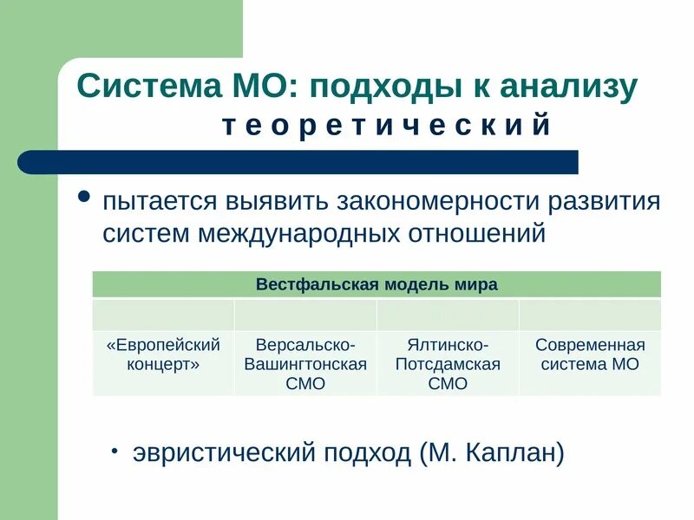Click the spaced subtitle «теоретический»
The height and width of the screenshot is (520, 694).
click(387, 126)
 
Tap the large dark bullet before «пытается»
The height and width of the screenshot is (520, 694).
click(84, 197)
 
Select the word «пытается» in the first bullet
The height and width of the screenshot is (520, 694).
click(161, 202)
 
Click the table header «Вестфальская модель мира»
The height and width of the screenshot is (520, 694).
click(376, 284)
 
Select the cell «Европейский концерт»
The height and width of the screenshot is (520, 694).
click(163, 354)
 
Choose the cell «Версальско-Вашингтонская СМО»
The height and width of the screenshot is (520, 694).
click(305, 364)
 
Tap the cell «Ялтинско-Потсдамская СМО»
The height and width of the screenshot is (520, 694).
click(448, 364)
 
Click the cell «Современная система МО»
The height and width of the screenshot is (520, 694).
click(590, 354)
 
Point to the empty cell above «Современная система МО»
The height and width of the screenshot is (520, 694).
click(590, 315)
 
